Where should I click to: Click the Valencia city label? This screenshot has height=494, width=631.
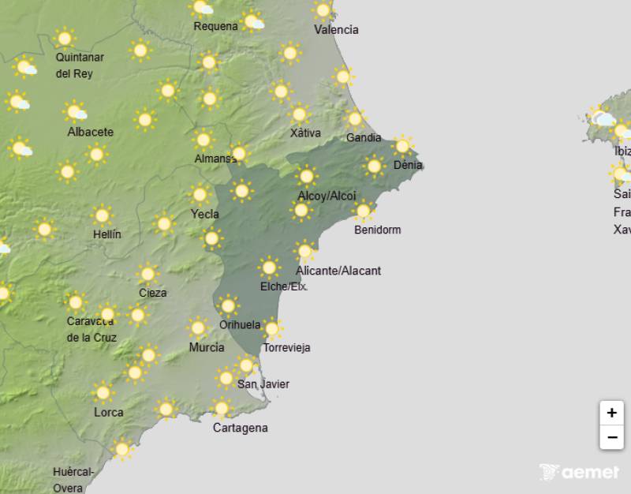tap(336, 30)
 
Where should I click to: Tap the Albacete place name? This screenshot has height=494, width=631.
tap(90, 132)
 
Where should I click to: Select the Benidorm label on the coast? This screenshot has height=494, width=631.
tap(377, 230)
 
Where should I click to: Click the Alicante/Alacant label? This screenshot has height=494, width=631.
tap(338, 271)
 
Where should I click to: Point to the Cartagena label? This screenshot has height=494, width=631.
tap(240, 428)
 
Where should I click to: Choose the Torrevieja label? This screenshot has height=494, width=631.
tap(286, 347)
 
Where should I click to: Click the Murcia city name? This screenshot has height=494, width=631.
tap(207, 347)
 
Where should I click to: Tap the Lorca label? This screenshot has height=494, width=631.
tap(108, 412)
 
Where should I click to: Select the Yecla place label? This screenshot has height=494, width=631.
tap(204, 214)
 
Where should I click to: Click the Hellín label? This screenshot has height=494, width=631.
tap(106, 234)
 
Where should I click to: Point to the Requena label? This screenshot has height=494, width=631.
tap(215, 26)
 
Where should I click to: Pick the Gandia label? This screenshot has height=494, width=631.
tap(363, 138)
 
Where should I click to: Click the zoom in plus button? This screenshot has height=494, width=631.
tap(611, 413)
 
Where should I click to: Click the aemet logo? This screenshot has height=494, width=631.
tap(580, 472)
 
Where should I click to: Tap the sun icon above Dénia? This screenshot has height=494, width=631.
tap(403, 145)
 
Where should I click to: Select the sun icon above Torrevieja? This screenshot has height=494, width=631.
tap(271, 328)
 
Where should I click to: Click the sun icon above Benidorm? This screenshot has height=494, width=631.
tap(363, 211)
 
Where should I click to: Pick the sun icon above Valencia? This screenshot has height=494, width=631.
tap(323, 10)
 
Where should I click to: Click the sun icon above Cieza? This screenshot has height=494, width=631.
tap(147, 274)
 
